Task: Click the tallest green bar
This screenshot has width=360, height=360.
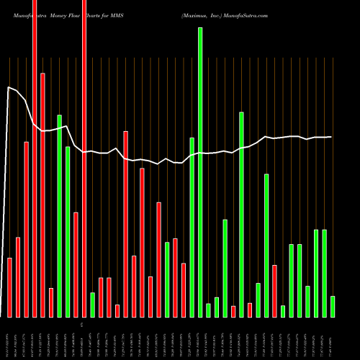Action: pyautogui.click(x=200, y=173)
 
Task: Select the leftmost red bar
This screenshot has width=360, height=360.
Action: pyautogui.click(x=10, y=287)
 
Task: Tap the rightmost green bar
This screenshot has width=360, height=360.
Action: pyautogui.click(x=333, y=307)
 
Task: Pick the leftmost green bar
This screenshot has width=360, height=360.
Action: pyautogui.click(x=60, y=216)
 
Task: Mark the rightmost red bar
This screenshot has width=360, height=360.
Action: pyautogui.click(x=274, y=291)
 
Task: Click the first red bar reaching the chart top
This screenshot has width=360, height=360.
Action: pyautogui.click(x=35, y=158)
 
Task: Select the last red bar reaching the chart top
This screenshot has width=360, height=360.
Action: pyautogui.click(x=84, y=158)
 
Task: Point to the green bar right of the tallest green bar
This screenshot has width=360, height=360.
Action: pyautogui.click(x=208, y=310)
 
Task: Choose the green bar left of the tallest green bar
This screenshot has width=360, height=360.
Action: pyautogui.click(x=192, y=228)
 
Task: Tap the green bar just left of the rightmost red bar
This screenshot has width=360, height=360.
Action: pyautogui.click(x=266, y=246)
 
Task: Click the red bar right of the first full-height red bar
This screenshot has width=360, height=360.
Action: pyautogui.click(x=42, y=195)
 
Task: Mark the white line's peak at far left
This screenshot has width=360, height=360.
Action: pyautogui.click(x=9, y=88)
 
